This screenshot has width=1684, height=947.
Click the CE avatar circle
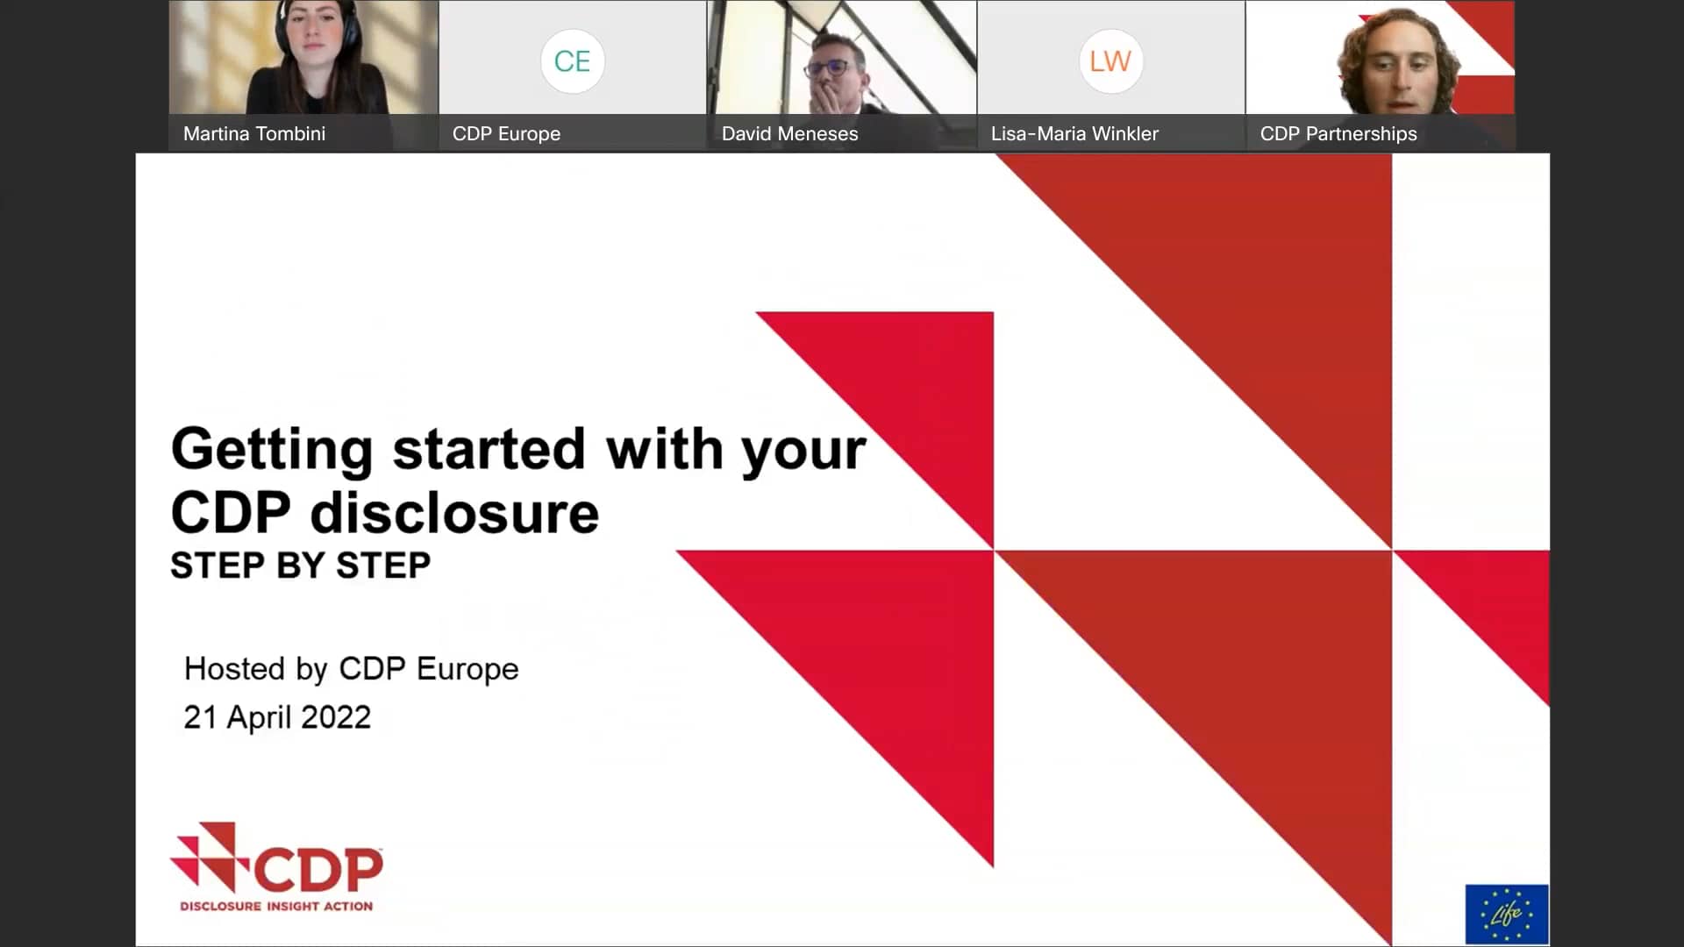(572, 61)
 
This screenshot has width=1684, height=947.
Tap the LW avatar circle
(1110, 61)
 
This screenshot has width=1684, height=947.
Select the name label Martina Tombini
(253, 134)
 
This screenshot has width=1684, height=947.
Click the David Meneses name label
(789, 134)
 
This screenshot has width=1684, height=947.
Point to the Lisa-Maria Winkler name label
(1074, 134)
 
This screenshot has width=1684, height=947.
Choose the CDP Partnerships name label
(1338, 134)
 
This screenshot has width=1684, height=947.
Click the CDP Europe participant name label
(506, 134)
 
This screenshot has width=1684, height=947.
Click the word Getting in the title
(272, 450)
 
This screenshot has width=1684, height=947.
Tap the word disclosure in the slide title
(454, 514)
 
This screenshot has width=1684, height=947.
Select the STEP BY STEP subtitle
(300, 566)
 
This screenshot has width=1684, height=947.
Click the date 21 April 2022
(277, 717)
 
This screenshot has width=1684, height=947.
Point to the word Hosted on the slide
(234, 669)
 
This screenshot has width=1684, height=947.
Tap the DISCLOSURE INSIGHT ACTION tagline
(276, 906)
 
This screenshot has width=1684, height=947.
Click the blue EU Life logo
(1506, 915)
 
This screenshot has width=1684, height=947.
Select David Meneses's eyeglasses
(827, 67)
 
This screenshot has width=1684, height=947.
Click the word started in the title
(489, 450)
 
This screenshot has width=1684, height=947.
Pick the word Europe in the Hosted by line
(467, 669)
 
